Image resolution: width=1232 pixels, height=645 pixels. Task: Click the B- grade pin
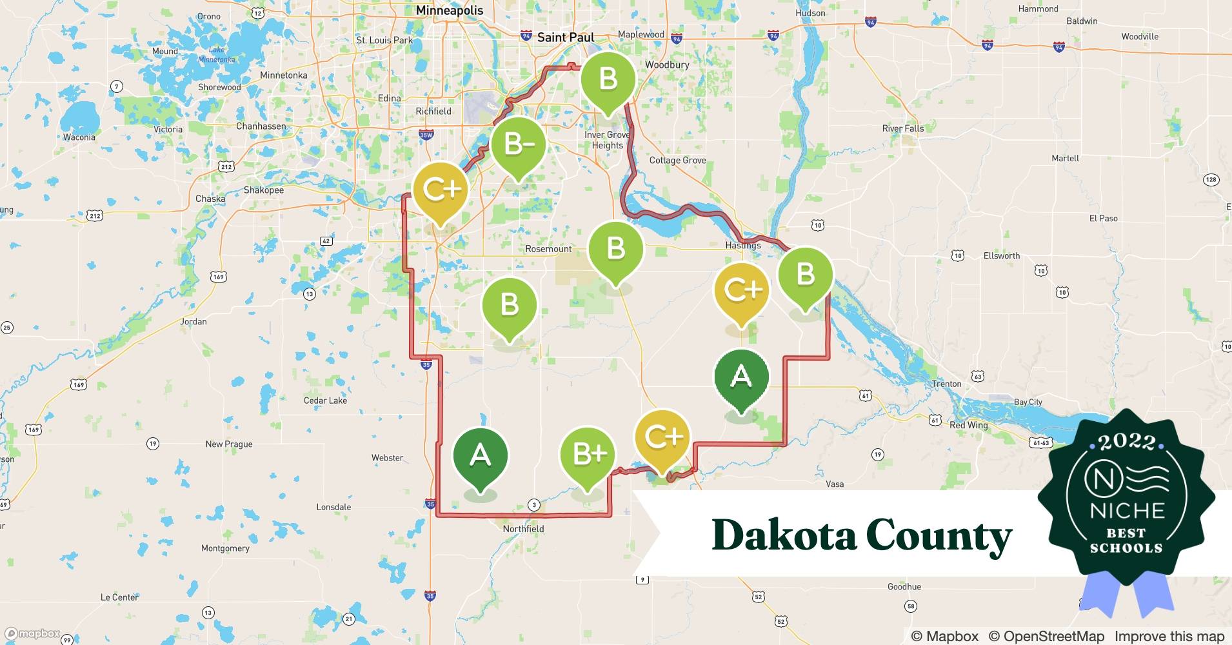pyautogui.click(x=518, y=146)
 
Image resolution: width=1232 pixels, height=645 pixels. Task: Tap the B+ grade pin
pyautogui.click(x=588, y=455)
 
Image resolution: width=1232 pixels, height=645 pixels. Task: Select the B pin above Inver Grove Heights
pyautogui.click(x=608, y=80)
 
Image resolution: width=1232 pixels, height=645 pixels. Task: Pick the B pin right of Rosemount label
pyautogui.click(x=616, y=249)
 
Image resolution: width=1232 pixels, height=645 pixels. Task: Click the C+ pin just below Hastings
pyautogui.click(x=741, y=291)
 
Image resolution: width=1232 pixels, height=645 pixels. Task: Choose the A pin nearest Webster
pyautogui.click(x=480, y=457)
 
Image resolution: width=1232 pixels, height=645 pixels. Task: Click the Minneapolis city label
pyautogui.click(x=450, y=10)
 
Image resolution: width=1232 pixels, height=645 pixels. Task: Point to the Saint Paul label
pyautogui.click(x=565, y=37)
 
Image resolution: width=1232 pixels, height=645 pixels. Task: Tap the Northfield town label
pyautogui.click(x=523, y=529)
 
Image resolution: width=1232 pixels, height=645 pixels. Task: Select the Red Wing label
pyautogui.click(x=968, y=425)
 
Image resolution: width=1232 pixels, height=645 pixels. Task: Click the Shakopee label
pyautogui.click(x=263, y=190)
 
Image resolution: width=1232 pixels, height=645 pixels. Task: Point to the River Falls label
pyautogui.click(x=902, y=128)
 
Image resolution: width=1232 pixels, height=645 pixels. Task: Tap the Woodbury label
pyautogui.click(x=667, y=64)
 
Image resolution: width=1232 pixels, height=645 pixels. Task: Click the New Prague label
pyautogui.click(x=229, y=444)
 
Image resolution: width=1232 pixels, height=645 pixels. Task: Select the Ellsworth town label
pyautogui.click(x=1001, y=256)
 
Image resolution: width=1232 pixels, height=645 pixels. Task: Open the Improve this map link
pyautogui.click(x=1169, y=636)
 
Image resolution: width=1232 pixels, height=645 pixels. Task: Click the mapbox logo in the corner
pyautogui.click(x=32, y=633)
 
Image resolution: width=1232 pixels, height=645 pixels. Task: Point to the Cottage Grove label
pyautogui.click(x=677, y=161)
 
